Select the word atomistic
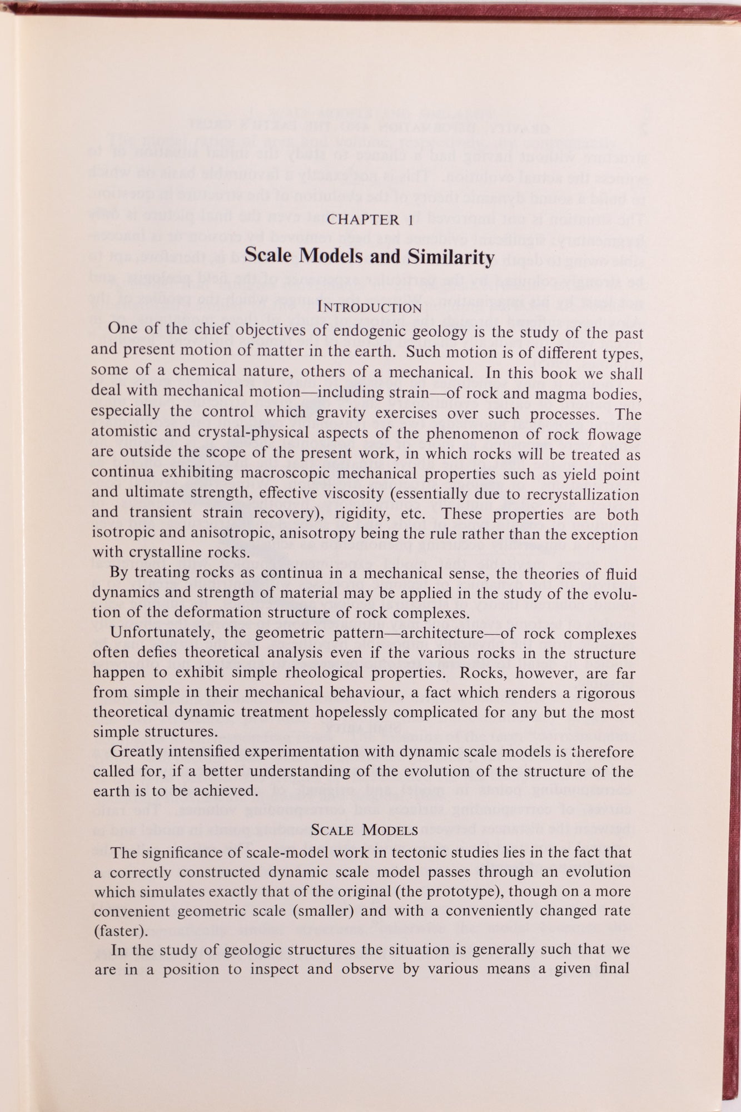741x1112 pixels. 124,434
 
